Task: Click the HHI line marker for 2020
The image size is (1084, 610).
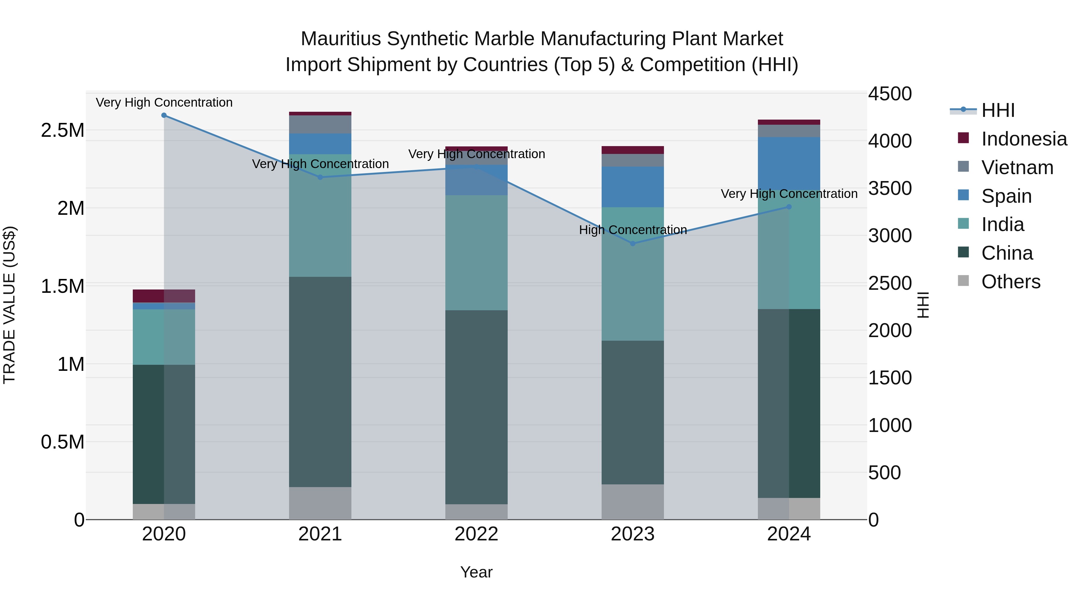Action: [164, 115]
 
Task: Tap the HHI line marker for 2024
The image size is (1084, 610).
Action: [789, 207]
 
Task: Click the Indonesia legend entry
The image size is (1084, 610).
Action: [1023, 139]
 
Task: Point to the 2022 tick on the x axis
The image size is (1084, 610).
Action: [476, 534]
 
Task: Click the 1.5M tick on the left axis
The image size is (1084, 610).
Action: [62, 286]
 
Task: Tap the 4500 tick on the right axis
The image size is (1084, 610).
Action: [889, 94]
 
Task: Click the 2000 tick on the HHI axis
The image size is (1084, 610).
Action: [889, 330]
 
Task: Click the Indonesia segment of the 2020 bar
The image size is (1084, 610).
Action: [164, 296]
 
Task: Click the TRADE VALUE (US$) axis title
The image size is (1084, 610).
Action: [9, 305]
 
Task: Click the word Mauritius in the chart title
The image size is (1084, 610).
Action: [341, 39]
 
